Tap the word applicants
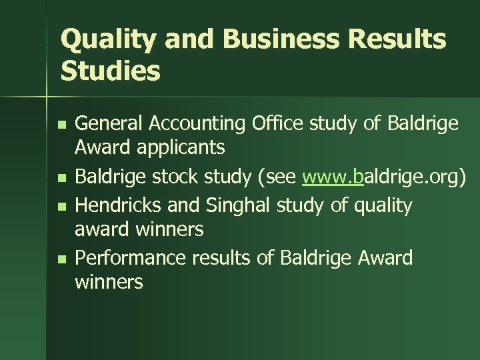(180, 147)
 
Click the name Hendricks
(118, 205)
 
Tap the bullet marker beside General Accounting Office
(61, 125)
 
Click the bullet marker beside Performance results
(61, 258)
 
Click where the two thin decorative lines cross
(47, 97)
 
